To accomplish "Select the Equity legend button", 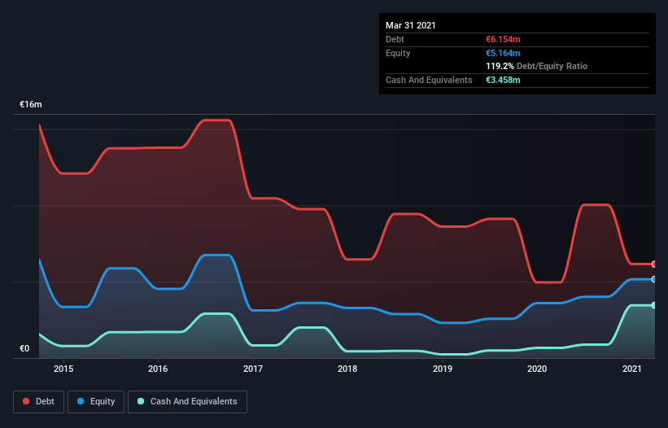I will (96, 401).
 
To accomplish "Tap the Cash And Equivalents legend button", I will (187, 401).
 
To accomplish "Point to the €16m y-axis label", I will (31, 105).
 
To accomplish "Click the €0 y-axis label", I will (24, 349).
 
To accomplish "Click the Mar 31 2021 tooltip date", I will (411, 25).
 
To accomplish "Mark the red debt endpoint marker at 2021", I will (653, 264).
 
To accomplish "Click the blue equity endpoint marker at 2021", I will (653, 279).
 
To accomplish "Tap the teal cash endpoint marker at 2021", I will (653, 305).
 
